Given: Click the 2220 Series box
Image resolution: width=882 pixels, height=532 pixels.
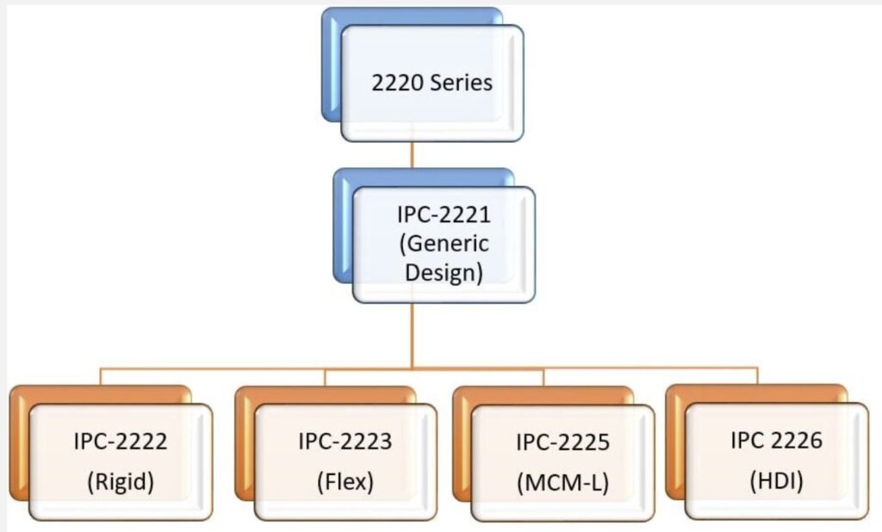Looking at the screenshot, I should pyautogui.click(x=432, y=83).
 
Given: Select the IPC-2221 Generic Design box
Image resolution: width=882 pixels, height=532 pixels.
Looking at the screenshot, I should pyautogui.click(x=444, y=244).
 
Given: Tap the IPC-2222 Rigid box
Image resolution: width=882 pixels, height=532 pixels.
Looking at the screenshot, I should pyautogui.click(x=121, y=461).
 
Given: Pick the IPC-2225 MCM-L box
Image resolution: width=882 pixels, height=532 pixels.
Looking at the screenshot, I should pyautogui.click(x=562, y=462).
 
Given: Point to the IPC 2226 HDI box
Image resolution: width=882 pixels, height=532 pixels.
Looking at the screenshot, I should pyautogui.click(x=776, y=461).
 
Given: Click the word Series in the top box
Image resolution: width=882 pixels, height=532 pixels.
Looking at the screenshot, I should pyautogui.click(x=464, y=83).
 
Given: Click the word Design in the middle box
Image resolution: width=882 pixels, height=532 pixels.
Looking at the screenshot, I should pyautogui.click(x=444, y=273).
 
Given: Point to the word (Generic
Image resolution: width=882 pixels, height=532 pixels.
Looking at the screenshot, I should pyautogui.click(x=444, y=244).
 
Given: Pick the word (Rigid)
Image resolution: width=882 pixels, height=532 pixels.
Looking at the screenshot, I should pyautogui.click(x=121, y=482).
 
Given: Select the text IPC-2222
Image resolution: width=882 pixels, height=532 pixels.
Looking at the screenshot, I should pyautogui.click(x=121, y=443).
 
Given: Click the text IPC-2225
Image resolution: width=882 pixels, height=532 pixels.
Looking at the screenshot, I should pyautogui.click(x=562, y=443).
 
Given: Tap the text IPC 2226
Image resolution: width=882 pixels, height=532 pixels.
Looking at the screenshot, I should pyautogui.click(x=776, y=442).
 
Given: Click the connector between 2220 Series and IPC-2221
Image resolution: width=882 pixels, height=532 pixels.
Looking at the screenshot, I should pyautogui.click(x=413, y=155).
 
